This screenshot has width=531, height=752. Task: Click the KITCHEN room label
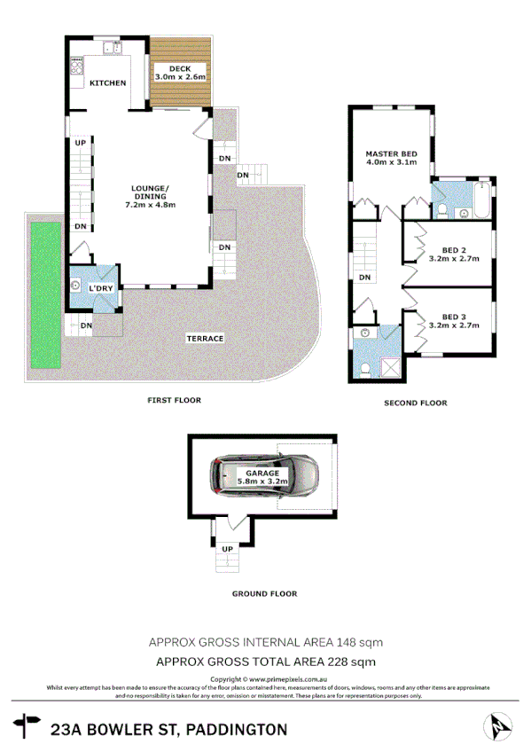(107, 82)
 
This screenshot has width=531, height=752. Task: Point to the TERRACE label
(204, 339)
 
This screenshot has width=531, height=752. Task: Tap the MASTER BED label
(386, 153)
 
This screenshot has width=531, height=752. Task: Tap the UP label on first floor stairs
(80, 143)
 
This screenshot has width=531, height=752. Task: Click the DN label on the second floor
(364, 278)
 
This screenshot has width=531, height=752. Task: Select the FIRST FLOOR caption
(174, 400)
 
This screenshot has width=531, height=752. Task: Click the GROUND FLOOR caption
(264, 593)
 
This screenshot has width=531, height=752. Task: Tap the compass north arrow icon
(496, 727)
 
